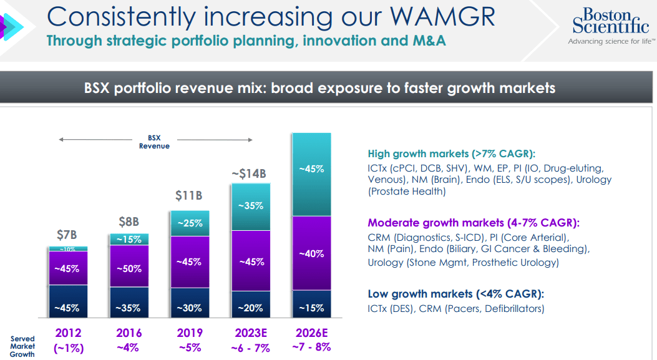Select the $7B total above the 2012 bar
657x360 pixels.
coord(67,235)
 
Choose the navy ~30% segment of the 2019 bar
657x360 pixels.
coord(189,308)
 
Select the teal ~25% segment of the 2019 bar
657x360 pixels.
coord(189,223)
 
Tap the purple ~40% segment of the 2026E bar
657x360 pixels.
coord(311,253)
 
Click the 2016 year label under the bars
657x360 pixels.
coord(129,333)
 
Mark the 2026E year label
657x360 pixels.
coord(311,333)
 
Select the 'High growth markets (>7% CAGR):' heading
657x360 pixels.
coord(452,153)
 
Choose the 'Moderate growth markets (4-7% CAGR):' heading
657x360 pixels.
coord(473,223)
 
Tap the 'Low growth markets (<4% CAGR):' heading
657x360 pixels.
coord(455,294)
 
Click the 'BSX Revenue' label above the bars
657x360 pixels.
coord(154,142)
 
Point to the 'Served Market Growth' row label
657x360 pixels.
coord(22,346)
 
